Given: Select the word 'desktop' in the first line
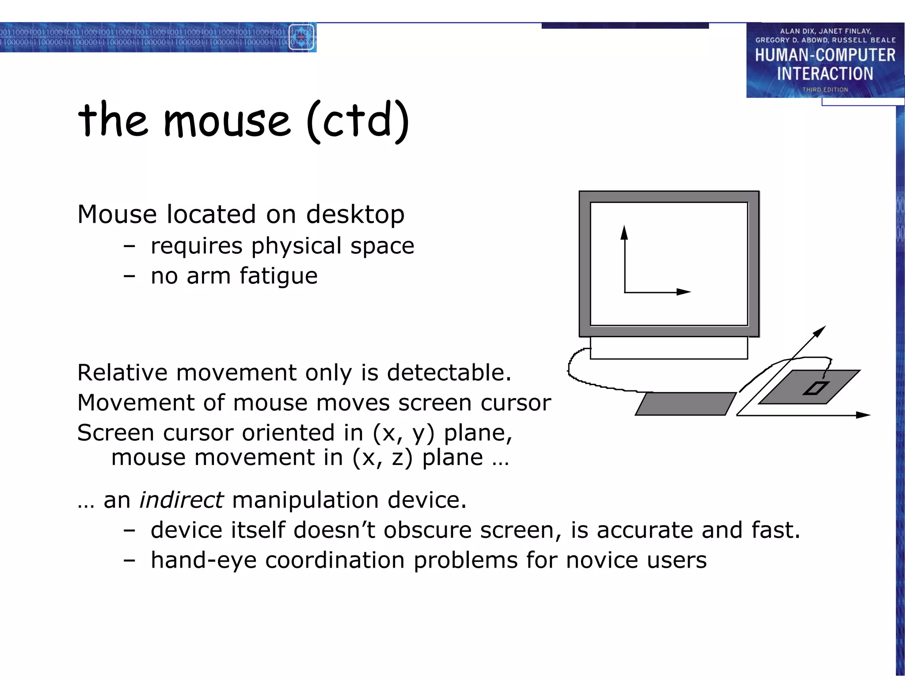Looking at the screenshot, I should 355,214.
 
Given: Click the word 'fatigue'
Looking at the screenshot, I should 278,276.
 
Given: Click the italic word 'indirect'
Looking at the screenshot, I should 181,500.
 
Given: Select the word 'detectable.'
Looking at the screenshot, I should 449,373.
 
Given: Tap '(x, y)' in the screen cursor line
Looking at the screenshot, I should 403,433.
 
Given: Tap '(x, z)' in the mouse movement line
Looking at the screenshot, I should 382,458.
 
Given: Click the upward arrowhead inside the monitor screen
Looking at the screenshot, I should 624,232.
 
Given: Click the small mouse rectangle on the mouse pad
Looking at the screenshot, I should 816,388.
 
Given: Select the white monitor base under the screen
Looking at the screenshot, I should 669,348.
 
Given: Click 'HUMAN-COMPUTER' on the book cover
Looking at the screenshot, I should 825,55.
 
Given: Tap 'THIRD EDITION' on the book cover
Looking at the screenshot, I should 825,89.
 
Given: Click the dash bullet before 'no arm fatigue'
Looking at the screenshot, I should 129,276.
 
